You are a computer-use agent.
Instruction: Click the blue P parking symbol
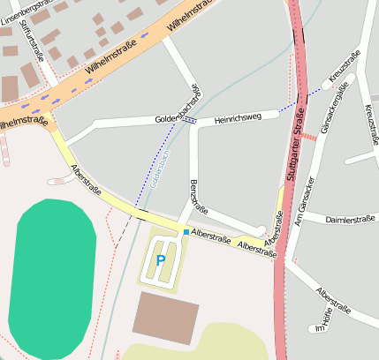pos(160,259)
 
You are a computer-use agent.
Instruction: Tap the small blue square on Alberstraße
pos(186,231)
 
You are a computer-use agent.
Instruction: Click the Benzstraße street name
pos(199,197)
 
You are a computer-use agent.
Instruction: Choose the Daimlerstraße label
pos(351,219)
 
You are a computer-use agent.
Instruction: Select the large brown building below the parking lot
pos(165,317)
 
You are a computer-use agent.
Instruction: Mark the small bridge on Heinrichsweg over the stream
pos(191,121)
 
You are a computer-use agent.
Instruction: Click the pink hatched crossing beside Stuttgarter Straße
pos(309,137)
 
